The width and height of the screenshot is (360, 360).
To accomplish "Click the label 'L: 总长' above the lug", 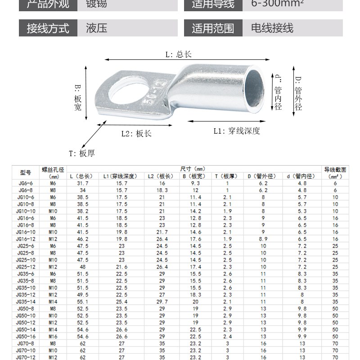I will (179, 54).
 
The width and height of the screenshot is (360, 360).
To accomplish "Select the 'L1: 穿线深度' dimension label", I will (237, 131).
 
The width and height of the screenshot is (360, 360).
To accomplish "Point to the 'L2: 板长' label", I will (136, 134).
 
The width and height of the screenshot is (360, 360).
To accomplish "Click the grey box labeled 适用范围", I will (213, 29).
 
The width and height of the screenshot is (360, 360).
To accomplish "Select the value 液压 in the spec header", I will (96, 29).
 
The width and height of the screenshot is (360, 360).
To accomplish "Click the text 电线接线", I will (272, 29).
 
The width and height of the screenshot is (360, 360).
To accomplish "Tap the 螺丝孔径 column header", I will (53, 170).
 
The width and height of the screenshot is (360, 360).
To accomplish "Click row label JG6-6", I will (26, 183).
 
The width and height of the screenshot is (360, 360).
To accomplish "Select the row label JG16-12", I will (26, 238).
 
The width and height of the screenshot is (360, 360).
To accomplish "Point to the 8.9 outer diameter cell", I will (263, 238).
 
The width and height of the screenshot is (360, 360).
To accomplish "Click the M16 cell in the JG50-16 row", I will (53, 336).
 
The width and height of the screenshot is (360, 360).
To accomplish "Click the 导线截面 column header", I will (335, 170).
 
